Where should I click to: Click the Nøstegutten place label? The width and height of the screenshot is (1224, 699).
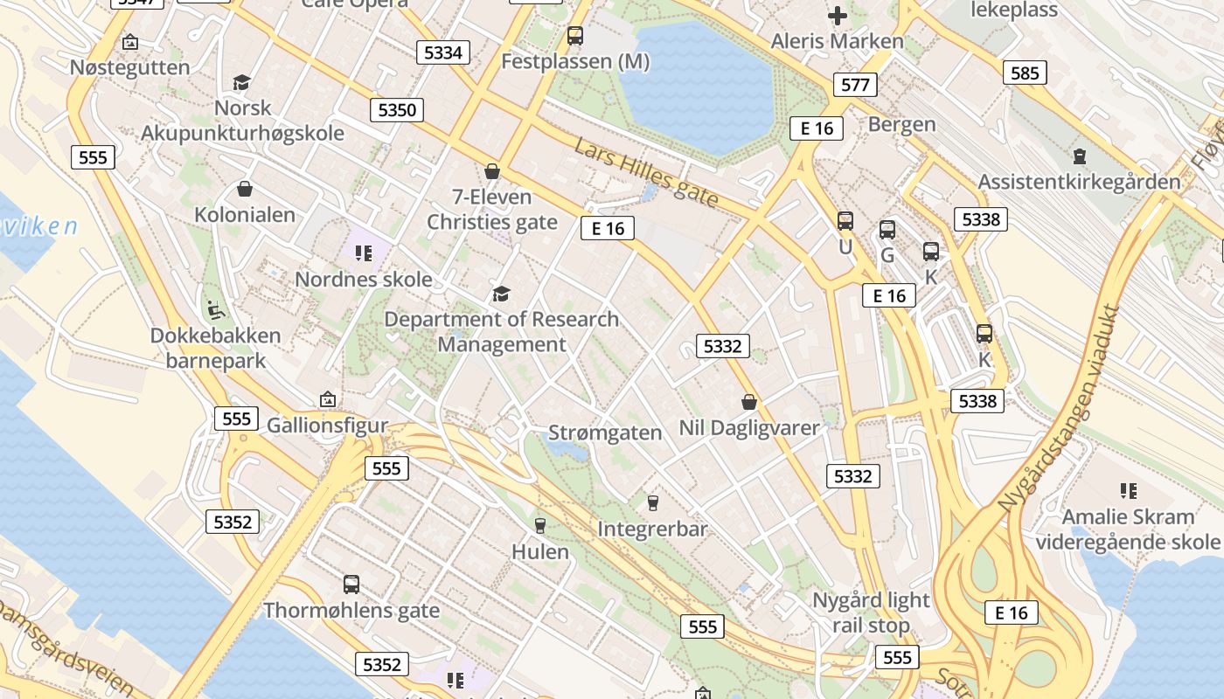(129, 67)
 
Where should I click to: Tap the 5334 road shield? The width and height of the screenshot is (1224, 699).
(442, 52)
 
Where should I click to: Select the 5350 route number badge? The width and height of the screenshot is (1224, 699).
(397, 110)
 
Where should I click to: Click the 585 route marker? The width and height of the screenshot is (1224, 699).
(1025, 73)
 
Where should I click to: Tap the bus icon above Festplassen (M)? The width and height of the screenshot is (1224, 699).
(574, 36)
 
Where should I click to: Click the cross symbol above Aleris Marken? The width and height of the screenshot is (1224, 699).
(838, 16)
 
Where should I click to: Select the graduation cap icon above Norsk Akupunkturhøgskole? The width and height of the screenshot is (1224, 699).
(242, 82)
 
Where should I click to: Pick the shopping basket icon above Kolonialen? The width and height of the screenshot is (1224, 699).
(245, 189)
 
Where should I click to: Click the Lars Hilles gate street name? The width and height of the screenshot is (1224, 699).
(646, 173)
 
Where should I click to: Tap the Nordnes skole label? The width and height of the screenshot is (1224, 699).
(364, 280)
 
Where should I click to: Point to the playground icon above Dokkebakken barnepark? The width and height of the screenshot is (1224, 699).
(214, 309)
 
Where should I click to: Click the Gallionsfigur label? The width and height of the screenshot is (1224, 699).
(327, 426)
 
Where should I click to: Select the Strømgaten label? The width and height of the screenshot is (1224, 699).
(605, 433)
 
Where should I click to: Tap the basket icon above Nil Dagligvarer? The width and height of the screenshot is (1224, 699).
(749, 402)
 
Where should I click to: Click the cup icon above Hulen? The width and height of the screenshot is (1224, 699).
(539, 525)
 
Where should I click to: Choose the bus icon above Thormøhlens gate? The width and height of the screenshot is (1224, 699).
(351, 584)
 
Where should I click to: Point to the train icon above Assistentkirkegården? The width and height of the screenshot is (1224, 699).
(1080, 156)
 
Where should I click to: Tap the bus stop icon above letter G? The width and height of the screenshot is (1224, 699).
(887, 230)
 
